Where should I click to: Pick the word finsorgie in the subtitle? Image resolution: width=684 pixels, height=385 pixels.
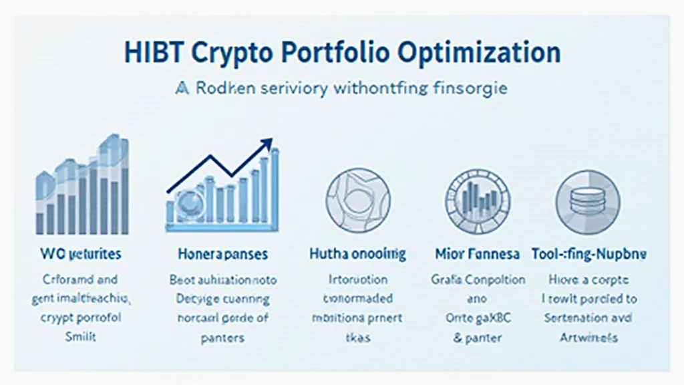click(x=469, y=90)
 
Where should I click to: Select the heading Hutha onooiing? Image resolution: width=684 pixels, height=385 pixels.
click(x=357, y=254)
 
